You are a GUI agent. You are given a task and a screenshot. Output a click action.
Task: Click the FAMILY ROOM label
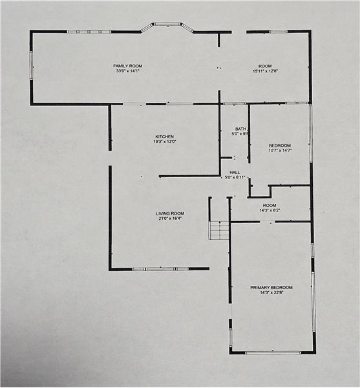127,66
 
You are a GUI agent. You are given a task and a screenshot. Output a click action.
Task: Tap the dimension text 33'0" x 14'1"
128,71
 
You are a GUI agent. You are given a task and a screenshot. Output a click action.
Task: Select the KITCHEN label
164,136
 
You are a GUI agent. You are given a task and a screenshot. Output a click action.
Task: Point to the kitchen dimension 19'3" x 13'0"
164,142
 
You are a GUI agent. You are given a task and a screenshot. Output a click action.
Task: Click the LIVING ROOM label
170,213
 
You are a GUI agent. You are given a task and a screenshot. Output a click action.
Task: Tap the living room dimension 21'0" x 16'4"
170,219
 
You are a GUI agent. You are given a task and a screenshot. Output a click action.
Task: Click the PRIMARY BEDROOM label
271,288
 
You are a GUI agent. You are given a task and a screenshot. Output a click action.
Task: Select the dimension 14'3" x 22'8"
271,292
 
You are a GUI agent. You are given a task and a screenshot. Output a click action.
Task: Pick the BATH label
240,129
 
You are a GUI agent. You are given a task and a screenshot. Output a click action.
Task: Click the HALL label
235,172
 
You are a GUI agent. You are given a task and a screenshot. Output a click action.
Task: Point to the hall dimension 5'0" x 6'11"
235,177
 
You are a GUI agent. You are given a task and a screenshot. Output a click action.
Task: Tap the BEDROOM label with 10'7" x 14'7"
280,145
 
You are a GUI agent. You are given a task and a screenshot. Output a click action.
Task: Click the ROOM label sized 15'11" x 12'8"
265,66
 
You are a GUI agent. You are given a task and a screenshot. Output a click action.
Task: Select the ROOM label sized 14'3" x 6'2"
270,206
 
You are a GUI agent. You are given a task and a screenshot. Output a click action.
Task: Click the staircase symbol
219,230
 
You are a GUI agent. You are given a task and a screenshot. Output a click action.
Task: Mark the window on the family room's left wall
32,65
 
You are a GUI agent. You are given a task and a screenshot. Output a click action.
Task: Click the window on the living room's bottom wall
161,269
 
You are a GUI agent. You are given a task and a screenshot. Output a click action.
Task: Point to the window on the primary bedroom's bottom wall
273,352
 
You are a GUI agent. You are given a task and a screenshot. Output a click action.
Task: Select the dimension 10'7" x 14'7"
280,151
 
